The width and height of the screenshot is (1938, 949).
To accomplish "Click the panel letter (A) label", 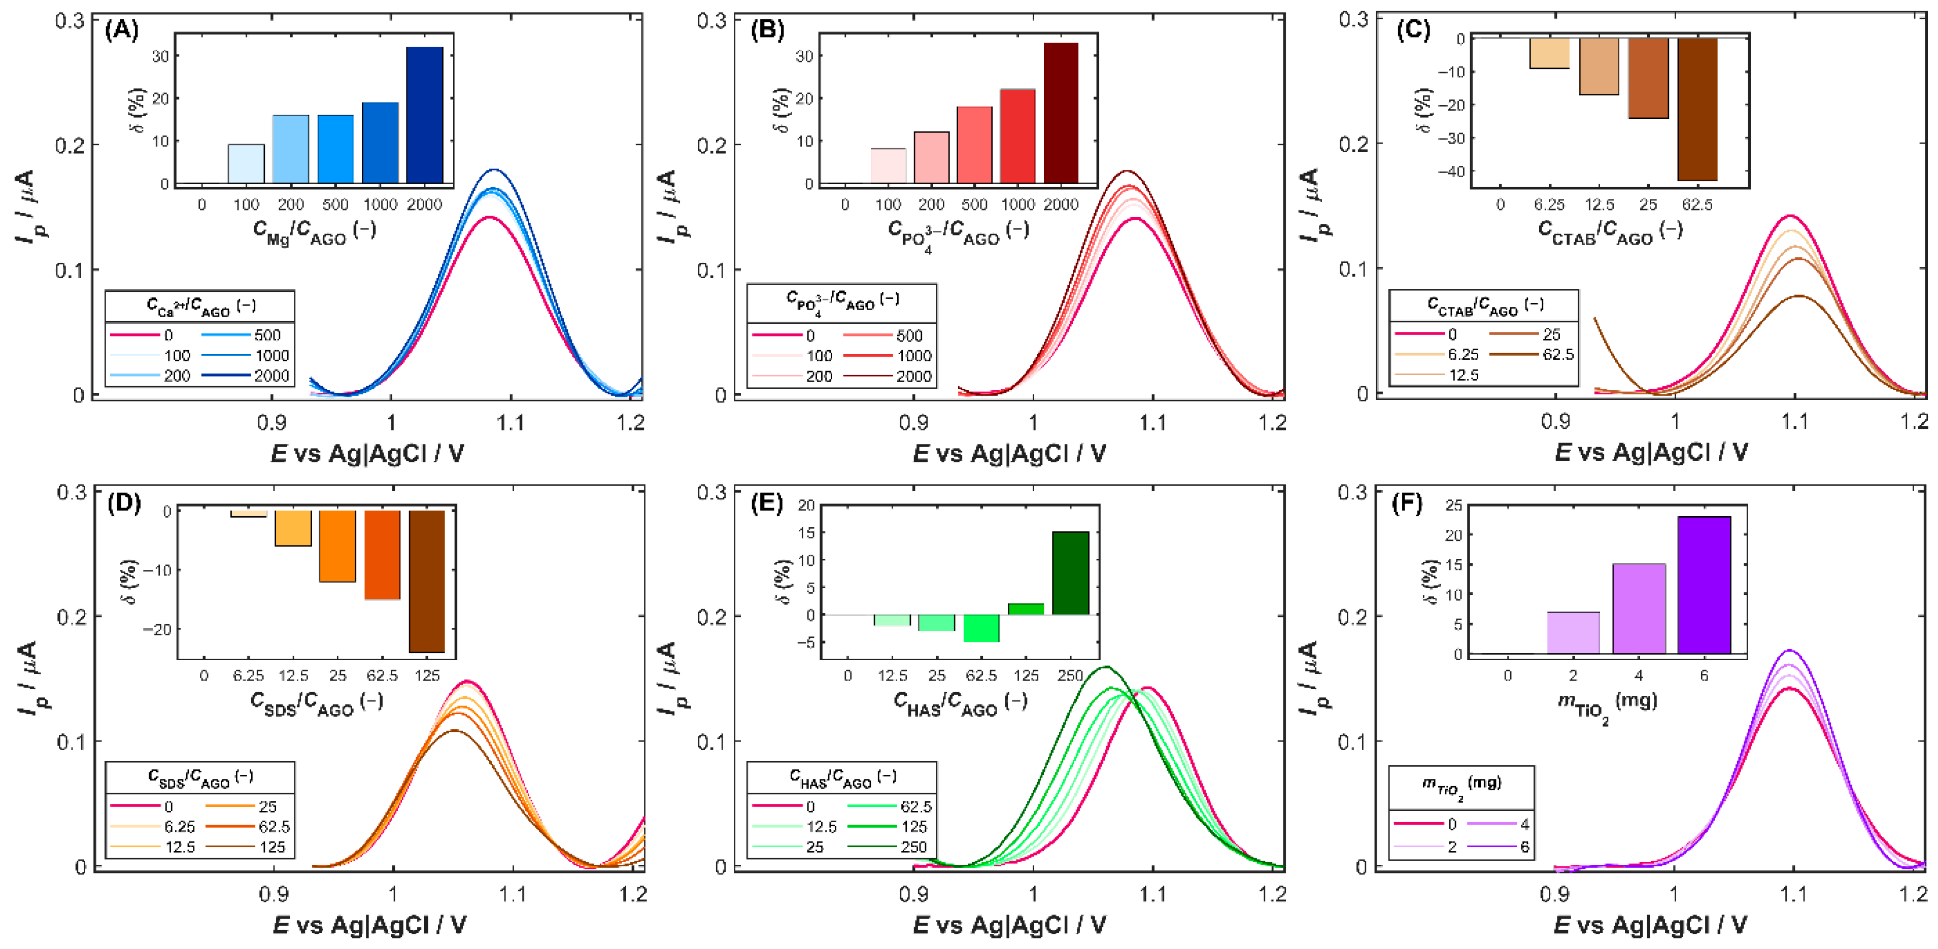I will pos(122,31).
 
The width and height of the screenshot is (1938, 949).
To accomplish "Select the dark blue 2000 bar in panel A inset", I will pos(424,114).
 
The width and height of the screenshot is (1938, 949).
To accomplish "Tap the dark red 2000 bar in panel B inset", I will pos(1061,113).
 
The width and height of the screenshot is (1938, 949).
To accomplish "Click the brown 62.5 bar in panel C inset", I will pos(1697,109).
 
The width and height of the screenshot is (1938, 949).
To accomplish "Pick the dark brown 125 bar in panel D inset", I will pos(427,581).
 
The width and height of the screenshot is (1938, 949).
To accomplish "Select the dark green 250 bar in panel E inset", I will pos(1070,573).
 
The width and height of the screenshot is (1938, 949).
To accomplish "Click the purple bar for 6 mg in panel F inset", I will pos(1704,585).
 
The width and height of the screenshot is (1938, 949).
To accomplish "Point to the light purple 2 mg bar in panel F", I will pos(1573,633).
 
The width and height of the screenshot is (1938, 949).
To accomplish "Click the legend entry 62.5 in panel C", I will pos(1558,354).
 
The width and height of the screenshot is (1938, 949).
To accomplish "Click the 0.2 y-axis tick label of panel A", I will pos(70,145).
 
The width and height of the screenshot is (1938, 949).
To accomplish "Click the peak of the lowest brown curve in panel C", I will pos(1799,296).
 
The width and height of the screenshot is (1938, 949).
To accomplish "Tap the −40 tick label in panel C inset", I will pos(1450,172).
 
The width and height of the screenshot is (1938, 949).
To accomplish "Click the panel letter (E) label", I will pos(767,503).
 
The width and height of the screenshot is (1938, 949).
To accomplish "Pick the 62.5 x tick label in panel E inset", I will pos(981,676).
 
